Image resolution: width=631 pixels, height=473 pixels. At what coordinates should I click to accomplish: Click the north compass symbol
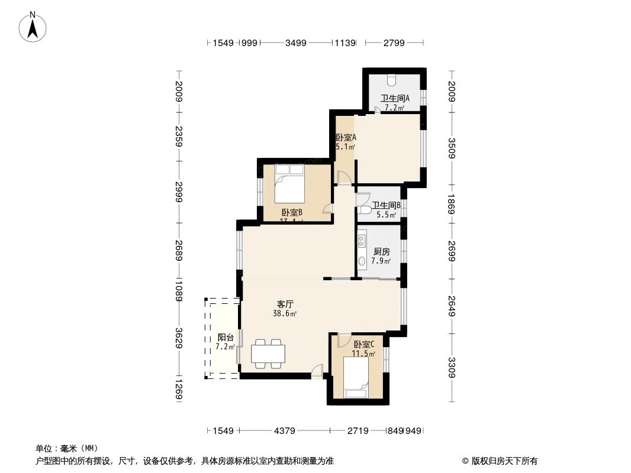pyautogui.click(x=33, y=27)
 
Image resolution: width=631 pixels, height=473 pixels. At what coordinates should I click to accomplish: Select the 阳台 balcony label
pyautogui.click(x=224, y=338)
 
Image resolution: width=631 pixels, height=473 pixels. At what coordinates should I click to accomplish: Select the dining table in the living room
pyautogui.click(x=268, y=354)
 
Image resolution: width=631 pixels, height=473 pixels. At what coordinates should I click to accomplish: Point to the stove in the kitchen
pyautogui.click(x=362, y=241)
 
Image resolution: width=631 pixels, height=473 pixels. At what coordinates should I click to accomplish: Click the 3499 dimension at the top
pyautogui.click(x=295, y=43)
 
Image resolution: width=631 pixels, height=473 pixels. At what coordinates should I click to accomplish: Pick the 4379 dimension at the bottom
pyautogui.click(x=285, y=431)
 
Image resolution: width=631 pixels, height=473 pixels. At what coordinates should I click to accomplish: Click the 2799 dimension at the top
pyautogui.click(x=394, y=43)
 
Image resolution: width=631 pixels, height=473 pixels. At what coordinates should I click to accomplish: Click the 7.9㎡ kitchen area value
pyautogui.click(x=381, y=261)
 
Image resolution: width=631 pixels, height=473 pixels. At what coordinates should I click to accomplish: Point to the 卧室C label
pyautogui.click(x=364, y=345)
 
